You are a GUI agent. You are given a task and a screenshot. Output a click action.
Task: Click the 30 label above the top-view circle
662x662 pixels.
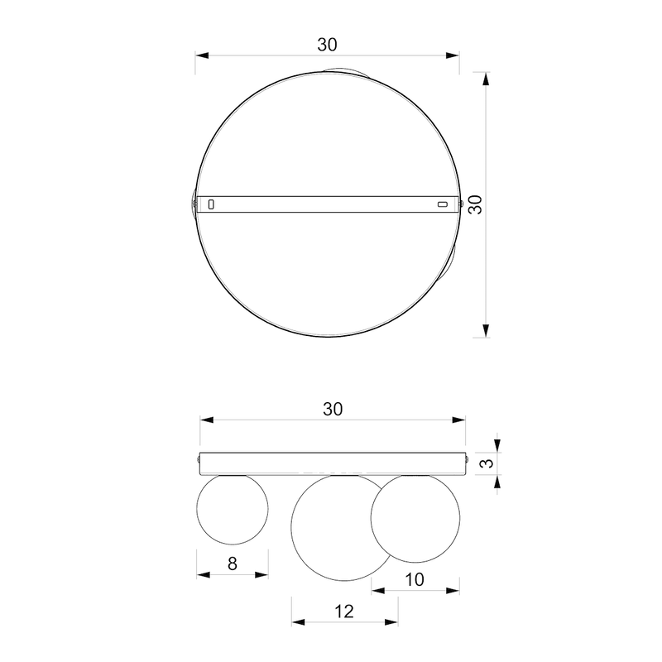click(x=327, y=45)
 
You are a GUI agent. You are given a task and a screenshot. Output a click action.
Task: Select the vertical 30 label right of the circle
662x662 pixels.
click(x=476, y=204)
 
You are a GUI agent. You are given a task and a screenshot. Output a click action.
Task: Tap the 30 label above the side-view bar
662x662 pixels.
click(x=333, y=409)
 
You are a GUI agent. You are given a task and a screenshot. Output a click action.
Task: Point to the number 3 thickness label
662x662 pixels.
click(x=487, y=463)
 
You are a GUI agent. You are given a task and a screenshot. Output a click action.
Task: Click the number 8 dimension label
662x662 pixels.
click(x=233, y=564)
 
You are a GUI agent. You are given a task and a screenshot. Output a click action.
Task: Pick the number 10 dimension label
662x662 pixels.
click(x=415, y=580)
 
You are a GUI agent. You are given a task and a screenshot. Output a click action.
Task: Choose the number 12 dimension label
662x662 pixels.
click(x=344, y=612)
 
